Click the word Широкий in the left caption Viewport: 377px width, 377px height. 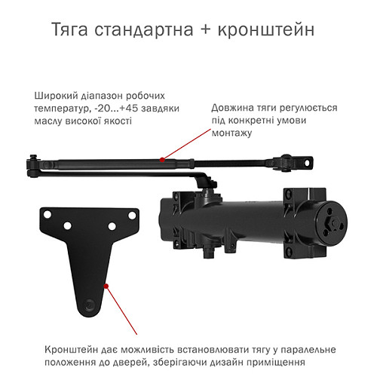pos(55,96)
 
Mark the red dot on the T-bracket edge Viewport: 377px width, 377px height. pos(107,286)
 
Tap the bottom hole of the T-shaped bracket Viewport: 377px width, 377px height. pos(89,305)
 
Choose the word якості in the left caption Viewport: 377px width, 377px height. pos(117,121)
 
